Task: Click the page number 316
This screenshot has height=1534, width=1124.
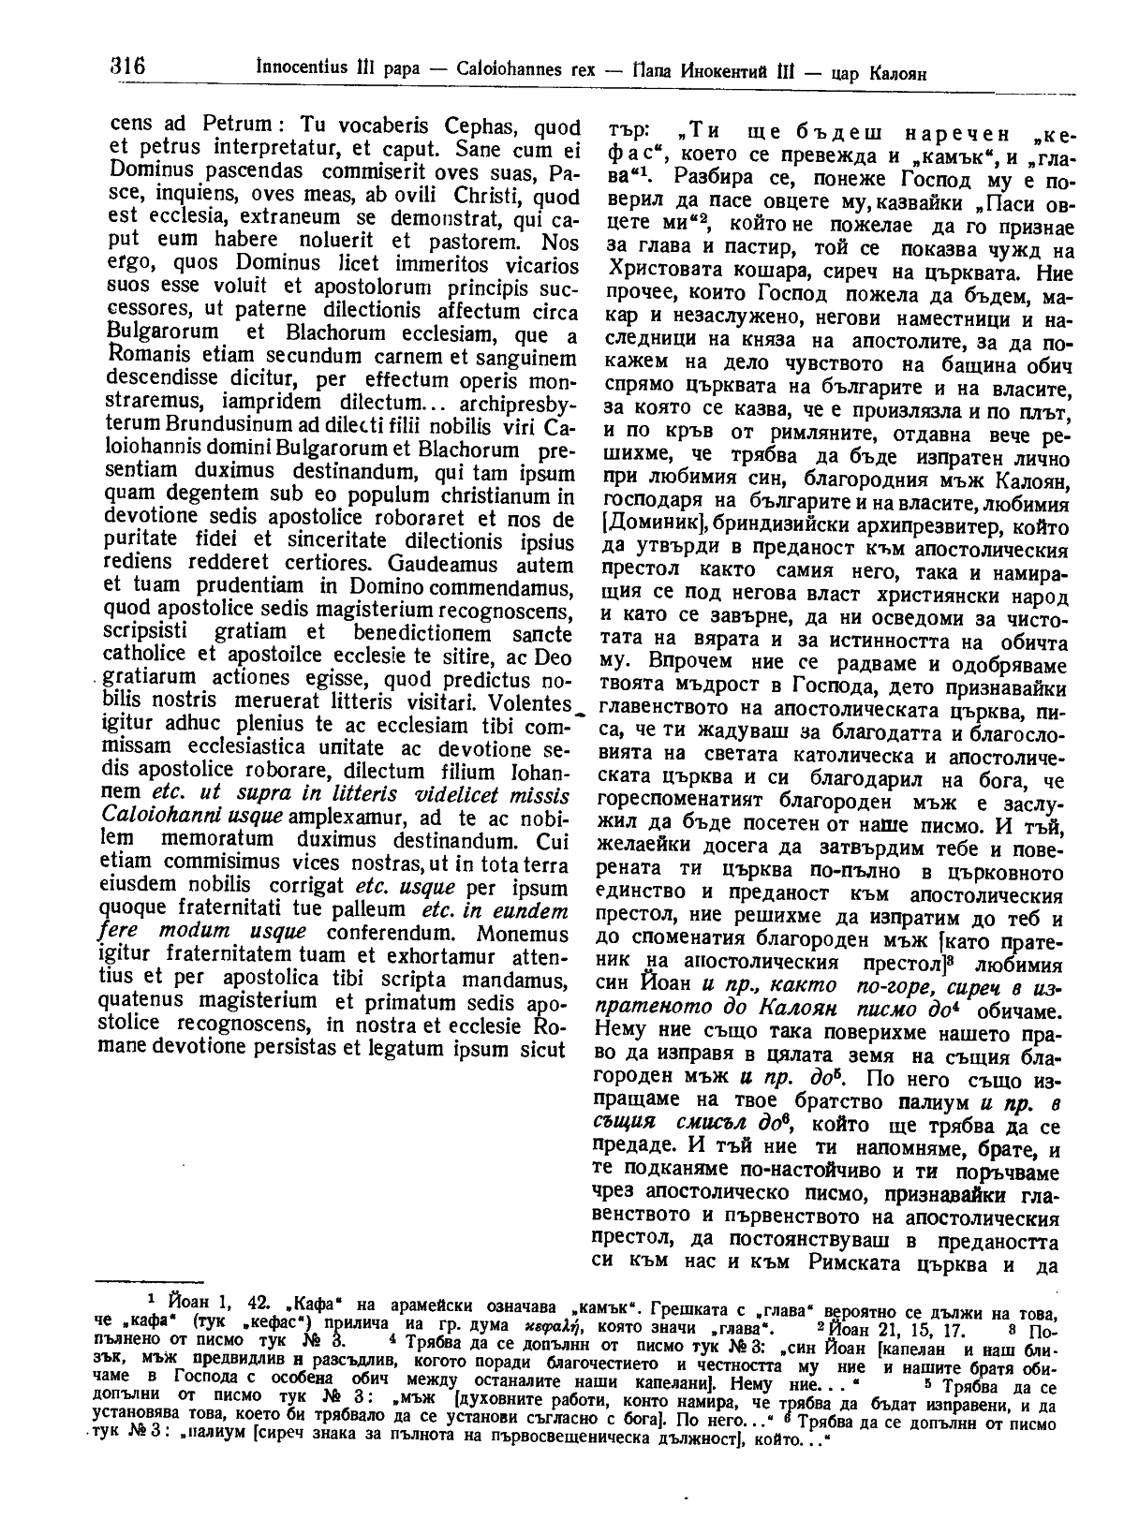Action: coord(123,67)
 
